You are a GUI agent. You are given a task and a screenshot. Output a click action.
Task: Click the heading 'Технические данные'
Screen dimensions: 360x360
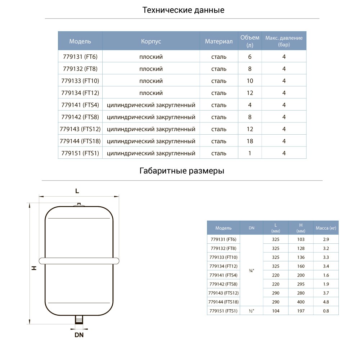pyautogui.click(x=183, y=10)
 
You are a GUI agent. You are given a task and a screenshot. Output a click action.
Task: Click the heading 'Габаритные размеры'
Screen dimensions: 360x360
pyautogui.click(x=182, y=171)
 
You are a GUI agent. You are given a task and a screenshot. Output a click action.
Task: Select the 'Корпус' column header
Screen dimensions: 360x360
pyautogui.click(x=151, y=41)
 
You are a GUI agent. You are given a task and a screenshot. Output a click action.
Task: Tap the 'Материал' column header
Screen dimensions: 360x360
pyautogui.click(x=219, y=41)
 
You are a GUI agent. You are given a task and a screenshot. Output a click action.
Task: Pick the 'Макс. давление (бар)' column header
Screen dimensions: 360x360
pyautogui.click(x=284, y=41)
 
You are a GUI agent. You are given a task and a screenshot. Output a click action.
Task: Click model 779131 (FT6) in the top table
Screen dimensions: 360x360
pyautogui.click(x=80, y=57)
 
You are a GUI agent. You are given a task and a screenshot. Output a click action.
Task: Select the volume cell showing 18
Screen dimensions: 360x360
pyautogui.click(x=250, y=141)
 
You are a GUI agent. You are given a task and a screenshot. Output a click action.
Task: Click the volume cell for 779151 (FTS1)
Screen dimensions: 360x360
pyautogui.click(x=250, y=153)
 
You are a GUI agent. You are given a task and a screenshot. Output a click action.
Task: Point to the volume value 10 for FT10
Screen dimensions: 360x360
pyautogui.click(x=250, y=81)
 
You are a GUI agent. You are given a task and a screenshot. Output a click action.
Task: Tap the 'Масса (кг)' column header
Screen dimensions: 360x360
pyautogui.click(x=326, y=228)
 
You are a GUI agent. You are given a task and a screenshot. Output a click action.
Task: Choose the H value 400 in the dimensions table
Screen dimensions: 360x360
pyautogui.click(x=301, y=302)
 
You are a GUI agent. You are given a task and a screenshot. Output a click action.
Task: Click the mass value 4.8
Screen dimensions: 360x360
pyautogui.click(x=326, y=302)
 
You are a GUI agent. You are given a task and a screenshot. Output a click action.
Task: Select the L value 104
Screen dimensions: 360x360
pyautogui.click(x=276, y=311)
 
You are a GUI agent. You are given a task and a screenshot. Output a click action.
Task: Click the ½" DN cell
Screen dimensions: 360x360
pyautogui.click(x=251, y=311)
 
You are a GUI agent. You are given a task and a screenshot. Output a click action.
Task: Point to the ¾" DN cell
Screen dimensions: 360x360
pyautogui.click(x=251, y=270)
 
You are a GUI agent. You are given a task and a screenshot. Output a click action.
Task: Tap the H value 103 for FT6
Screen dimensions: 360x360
pyautogui.click(x=301, y=239)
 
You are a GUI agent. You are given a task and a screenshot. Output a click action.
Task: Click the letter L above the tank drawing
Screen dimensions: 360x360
pyautogui.click(x=77, y=191)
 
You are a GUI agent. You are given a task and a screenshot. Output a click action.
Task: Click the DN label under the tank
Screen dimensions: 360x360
pyautogui.click(x=79, y=335)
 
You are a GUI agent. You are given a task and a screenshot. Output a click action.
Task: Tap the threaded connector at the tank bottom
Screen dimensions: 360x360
pyautogui.click(x=79, y=319)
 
